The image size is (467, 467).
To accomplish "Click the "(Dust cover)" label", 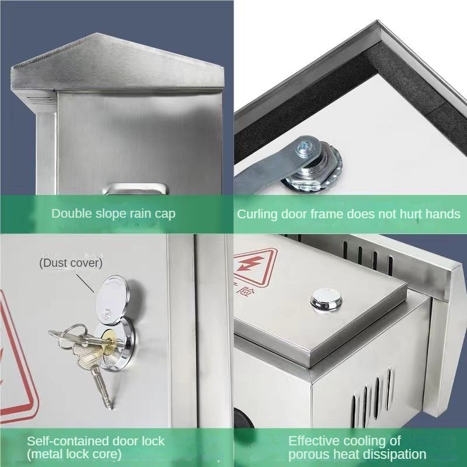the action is (x=71, y=263).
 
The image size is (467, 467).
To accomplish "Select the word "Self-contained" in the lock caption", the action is (x=66, y=441).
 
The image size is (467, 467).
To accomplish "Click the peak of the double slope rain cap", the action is (x=97, y=33).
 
